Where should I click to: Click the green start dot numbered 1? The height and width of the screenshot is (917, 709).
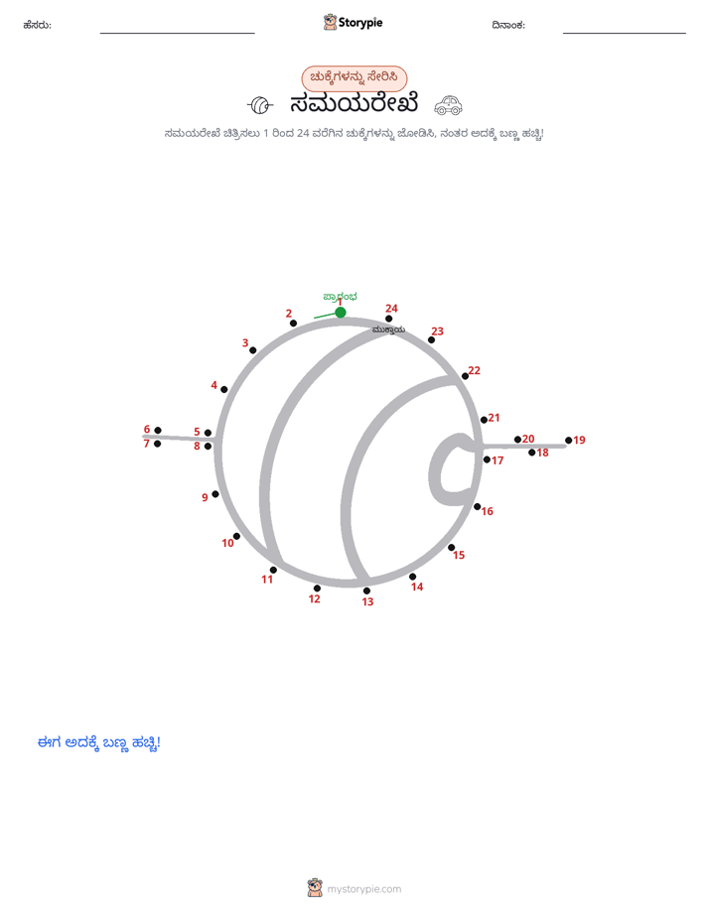(341, 313)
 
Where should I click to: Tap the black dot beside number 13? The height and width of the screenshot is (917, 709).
(366, 590)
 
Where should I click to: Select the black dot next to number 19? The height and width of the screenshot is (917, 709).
(569, 441)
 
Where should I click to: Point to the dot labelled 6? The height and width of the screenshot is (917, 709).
(158, 431)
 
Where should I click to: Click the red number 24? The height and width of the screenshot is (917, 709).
(391, 309)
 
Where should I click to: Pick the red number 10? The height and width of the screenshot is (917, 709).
(227, 543)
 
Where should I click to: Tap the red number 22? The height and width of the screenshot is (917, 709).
(474, 370)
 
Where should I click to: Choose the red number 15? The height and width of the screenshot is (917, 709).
(459, 555)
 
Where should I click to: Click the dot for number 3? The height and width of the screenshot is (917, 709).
(252, 350)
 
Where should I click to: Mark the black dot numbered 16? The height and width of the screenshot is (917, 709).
(478, 506)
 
